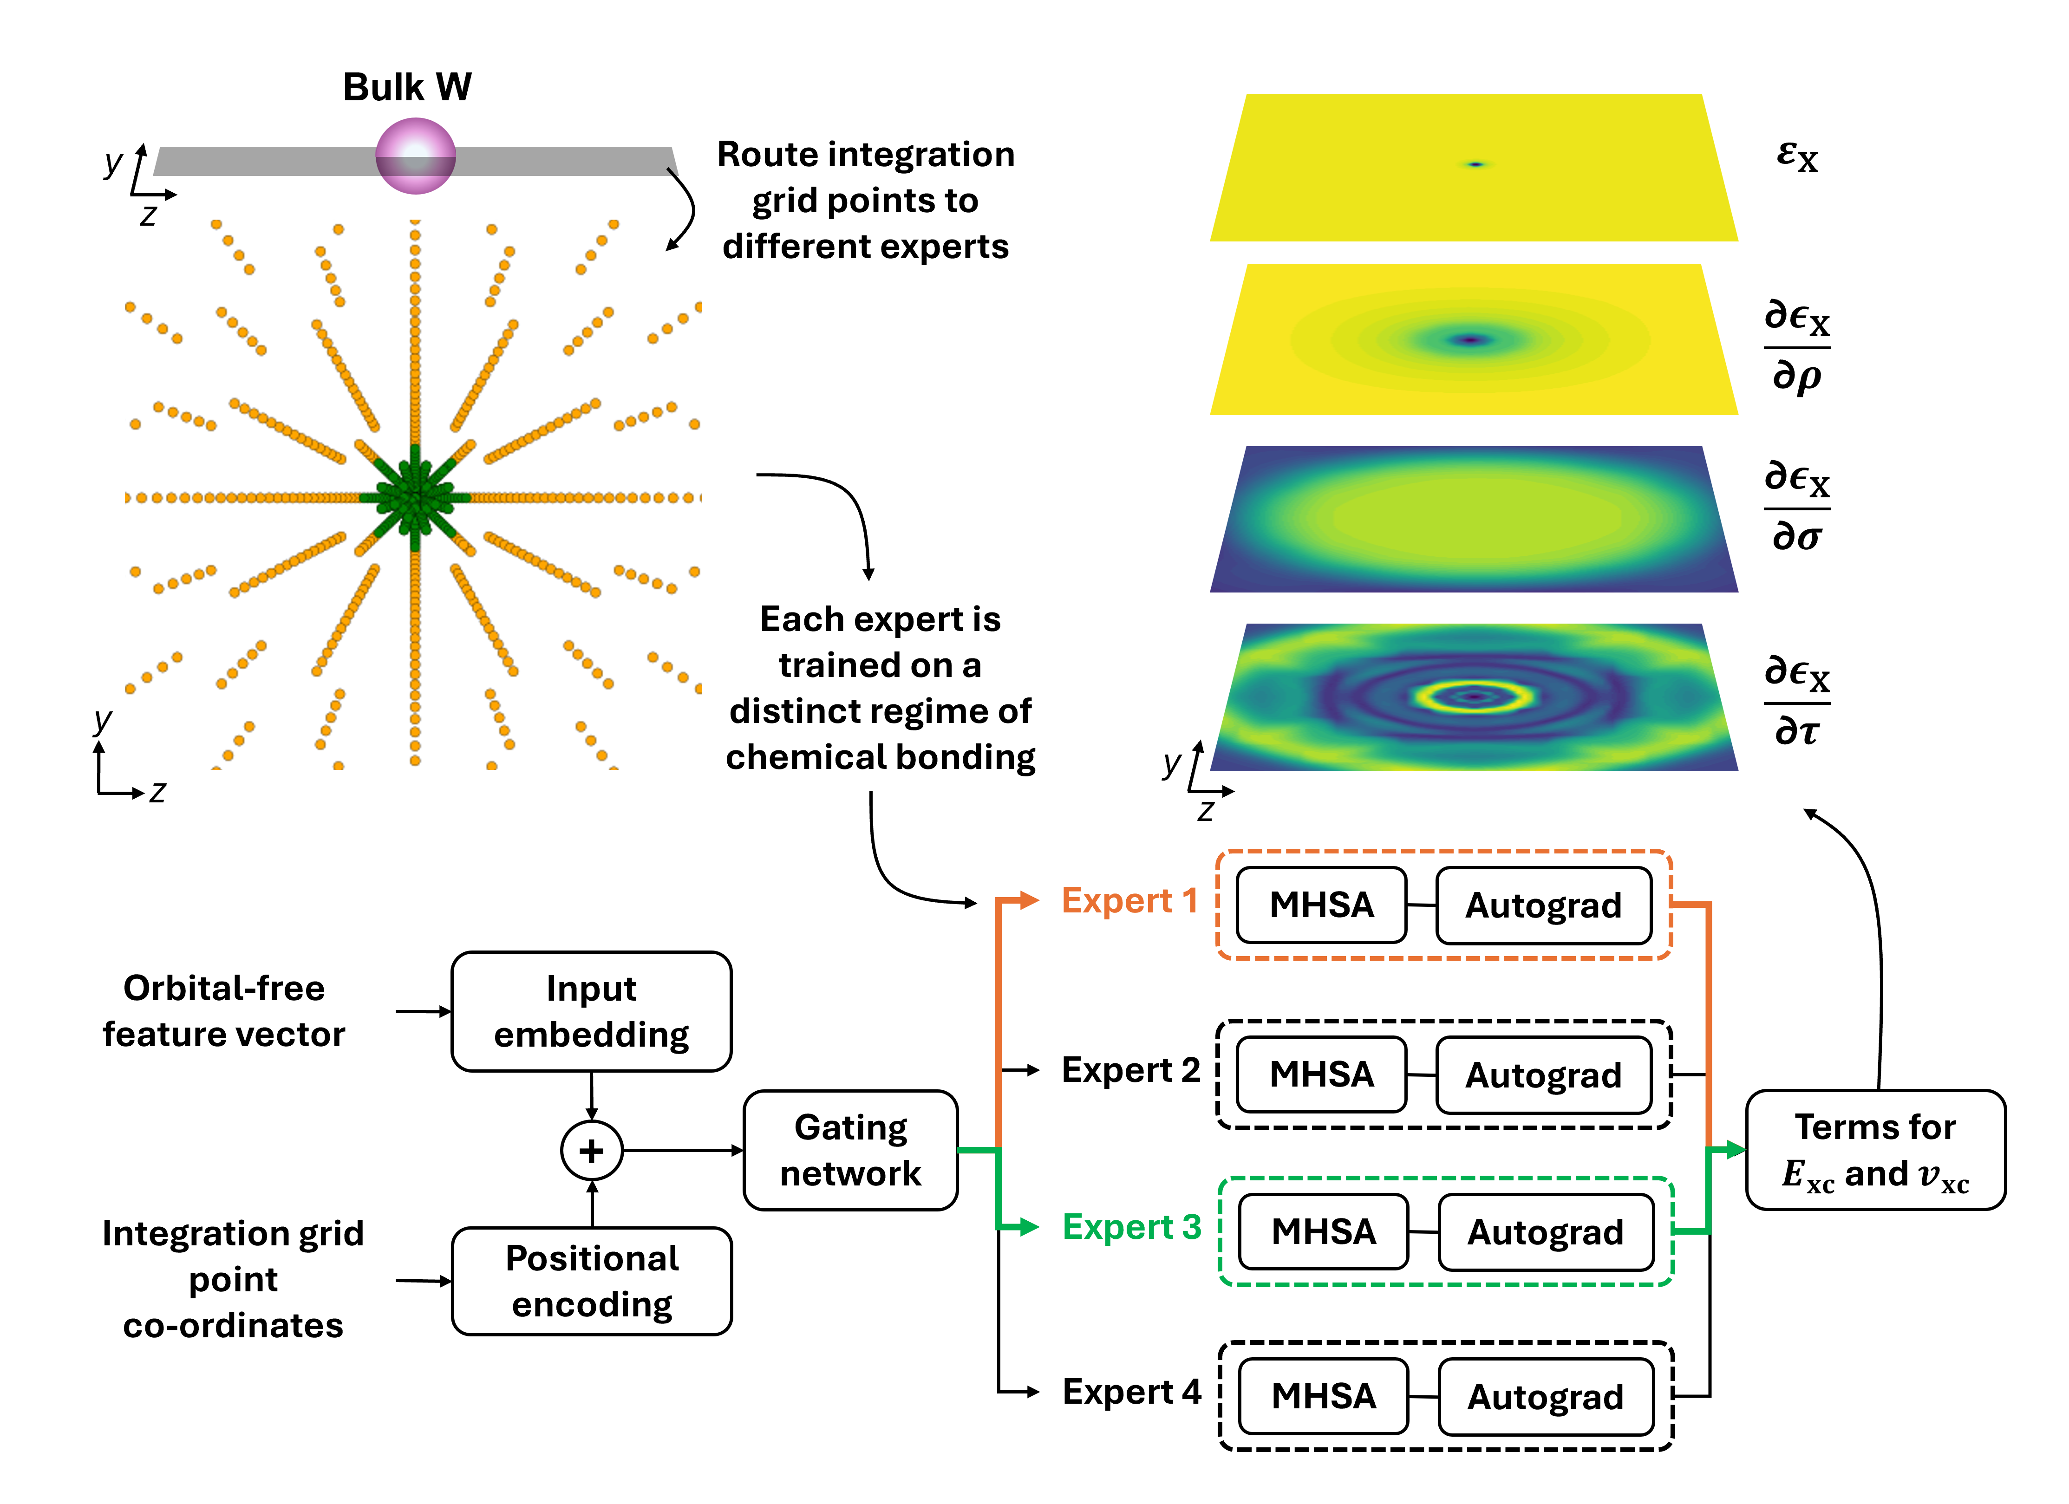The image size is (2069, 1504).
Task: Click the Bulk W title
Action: pyautogui.click(x=407, y=88)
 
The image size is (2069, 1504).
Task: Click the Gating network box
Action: pyautogui.click(x=850, y=1150)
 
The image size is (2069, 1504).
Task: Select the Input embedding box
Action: pyautogui.click(x=591, y=1011)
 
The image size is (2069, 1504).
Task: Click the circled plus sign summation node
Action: pyautogui.click(x=591, y=1150)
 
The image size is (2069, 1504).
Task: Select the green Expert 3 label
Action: pyautogui.click(x=1131, y=1227)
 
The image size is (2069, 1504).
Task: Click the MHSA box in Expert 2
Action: pyautogui.click(x=1321, y=1074)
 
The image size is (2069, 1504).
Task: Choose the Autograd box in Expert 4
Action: pyautogui.click(x=1546, y=1396)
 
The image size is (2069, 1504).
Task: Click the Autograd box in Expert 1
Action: pyautogui.click(x=1544, y=905)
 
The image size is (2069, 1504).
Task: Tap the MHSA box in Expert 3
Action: pyautogui.click(x=1323, y=1231)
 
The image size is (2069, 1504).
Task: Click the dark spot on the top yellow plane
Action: pyautogui.click(x=1475, y=164)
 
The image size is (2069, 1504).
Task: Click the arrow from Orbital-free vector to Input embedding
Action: pyautogui.click(x=424, y=1011)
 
